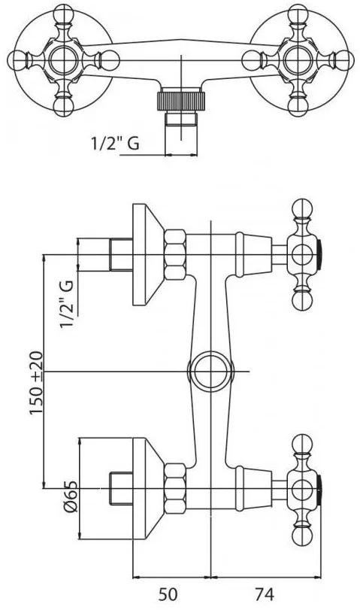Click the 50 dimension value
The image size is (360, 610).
168,594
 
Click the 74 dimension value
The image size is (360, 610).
264,594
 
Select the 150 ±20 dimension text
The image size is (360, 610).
37,383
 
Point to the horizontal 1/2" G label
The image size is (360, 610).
115,143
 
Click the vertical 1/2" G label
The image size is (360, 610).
66,304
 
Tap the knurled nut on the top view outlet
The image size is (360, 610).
181,101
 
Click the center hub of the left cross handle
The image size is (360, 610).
63,60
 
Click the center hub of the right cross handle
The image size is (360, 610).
298,60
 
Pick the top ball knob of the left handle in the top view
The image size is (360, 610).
63,14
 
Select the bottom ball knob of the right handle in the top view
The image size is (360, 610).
298,106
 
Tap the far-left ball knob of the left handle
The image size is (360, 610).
17,60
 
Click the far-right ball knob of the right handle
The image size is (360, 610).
344,60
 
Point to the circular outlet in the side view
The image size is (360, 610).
210,372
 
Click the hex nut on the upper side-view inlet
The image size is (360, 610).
175,255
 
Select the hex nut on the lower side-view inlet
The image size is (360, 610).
175,488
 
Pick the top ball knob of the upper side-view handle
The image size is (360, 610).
302,209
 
